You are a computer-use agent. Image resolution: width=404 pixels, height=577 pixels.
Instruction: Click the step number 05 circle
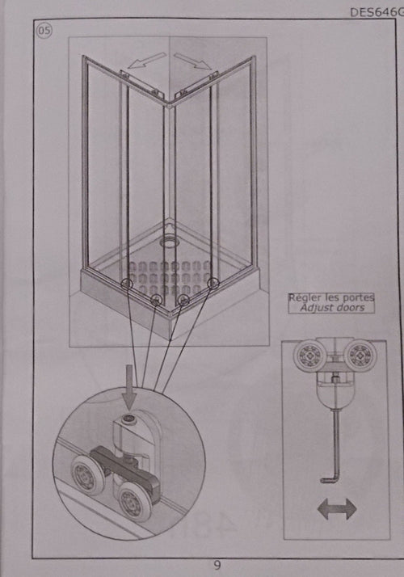44,30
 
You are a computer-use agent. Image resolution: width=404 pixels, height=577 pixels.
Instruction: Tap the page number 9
217,565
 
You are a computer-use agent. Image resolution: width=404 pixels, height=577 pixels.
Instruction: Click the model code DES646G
377,12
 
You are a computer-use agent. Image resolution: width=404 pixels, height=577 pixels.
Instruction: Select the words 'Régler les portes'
331,297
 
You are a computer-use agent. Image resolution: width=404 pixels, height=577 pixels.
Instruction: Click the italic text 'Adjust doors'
332,308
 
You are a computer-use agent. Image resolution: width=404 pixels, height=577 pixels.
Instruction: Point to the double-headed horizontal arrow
337,509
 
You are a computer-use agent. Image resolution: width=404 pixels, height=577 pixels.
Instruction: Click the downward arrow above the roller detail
128,387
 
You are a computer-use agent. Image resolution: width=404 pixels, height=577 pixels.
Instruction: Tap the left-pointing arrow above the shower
147,61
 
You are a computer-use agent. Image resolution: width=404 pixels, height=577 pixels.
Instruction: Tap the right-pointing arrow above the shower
193,61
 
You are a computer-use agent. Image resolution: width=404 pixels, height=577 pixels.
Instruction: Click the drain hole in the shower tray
169,242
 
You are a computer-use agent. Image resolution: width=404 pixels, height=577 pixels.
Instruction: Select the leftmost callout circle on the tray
127,284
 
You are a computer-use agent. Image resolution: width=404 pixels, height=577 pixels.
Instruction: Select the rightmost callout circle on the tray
213,284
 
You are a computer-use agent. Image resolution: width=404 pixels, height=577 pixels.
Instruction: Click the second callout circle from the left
157,300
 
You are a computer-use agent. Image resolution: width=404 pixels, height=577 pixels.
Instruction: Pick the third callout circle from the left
183,301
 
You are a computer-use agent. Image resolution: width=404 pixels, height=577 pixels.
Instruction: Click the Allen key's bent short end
328,480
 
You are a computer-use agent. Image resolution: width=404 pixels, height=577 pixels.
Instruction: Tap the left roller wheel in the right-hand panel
309,356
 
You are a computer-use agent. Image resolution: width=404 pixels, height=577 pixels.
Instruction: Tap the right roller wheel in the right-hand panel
360,356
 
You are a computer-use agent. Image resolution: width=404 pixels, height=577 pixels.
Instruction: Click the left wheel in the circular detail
87,475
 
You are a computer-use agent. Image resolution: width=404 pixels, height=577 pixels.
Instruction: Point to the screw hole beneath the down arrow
129,418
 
